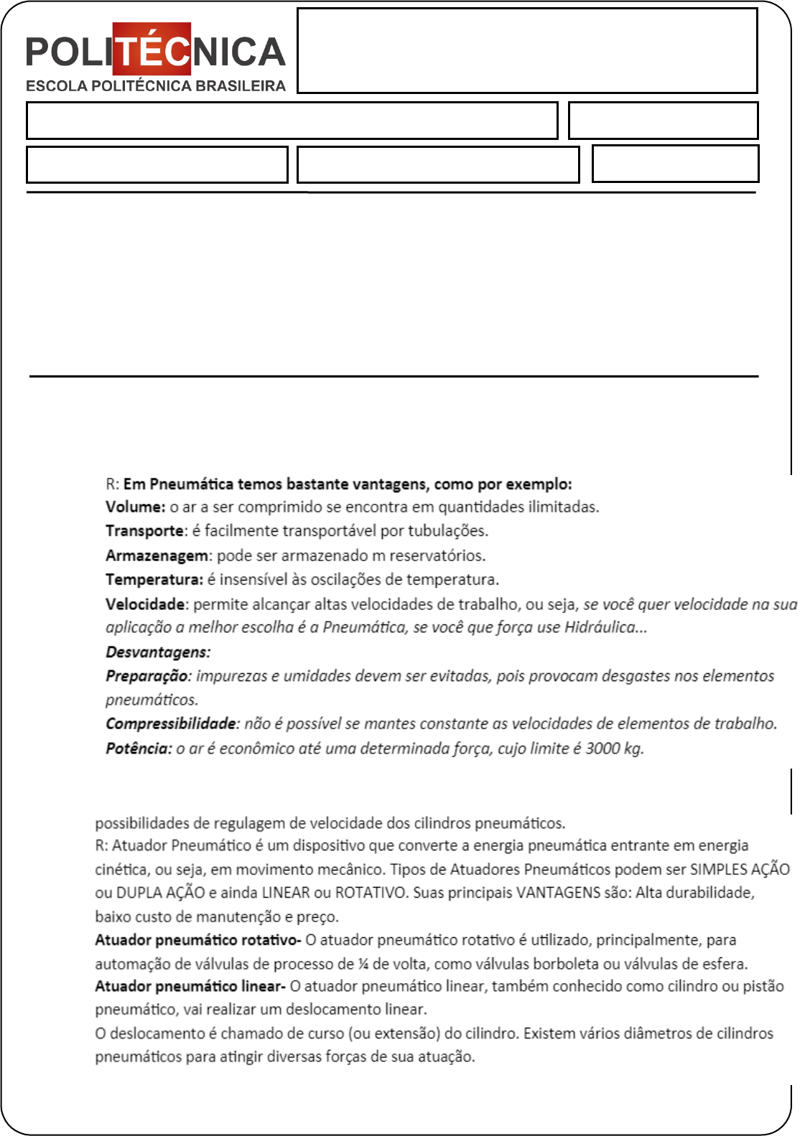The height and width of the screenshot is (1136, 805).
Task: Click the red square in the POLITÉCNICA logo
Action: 152,49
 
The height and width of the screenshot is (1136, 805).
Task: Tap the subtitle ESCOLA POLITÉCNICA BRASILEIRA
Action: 155,86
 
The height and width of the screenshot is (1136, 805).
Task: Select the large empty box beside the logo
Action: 527,50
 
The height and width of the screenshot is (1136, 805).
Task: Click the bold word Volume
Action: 135,507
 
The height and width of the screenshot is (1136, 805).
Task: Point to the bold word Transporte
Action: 145,531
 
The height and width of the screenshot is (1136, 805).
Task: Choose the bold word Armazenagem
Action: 158,555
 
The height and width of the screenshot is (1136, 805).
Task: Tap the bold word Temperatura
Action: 154,579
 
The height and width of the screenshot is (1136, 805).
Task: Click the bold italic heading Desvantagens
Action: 158,652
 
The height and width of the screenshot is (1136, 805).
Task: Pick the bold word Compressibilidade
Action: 171,723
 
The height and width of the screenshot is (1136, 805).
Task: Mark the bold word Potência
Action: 139,748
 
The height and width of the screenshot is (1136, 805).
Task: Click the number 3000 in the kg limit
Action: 602,748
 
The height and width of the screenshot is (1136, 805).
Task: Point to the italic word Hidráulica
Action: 600,627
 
